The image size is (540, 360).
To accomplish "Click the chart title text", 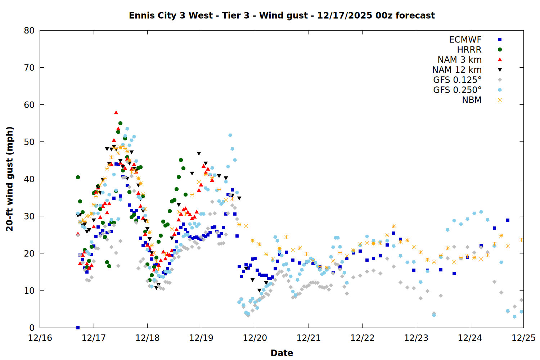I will [x=282, y=15].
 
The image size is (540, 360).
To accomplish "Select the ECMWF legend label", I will [x=465, y=40].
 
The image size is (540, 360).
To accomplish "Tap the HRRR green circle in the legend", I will [x=500, y=50].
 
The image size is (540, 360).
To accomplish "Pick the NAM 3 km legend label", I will [x=459, y=60].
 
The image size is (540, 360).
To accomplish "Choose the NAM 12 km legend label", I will [x=457, y=70].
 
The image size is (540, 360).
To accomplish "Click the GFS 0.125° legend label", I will [x=457, y=80].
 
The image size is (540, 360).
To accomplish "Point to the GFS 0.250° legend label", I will [x=457, y=90].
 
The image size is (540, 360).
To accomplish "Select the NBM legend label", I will [x=472, y=100].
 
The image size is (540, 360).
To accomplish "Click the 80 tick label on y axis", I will [x=29, y=31].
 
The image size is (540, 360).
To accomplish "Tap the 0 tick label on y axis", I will [x=32, y=328].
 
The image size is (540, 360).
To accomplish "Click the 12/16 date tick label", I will [x=40, y=338].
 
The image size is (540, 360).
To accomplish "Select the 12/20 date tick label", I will [x=255, y=338].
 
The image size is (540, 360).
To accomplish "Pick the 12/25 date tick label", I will [x=523, y=338].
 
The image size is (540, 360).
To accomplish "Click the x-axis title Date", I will [x=282, y=353].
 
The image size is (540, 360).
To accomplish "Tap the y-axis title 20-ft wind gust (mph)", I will [x=10, y=179].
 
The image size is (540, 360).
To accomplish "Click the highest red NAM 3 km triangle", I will [x=116, y=112].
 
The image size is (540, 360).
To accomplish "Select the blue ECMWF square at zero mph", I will [x=78, y=328].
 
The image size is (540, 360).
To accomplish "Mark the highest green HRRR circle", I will [x=120, y=123].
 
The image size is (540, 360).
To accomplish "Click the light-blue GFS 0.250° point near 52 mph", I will [x=230, y=135].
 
